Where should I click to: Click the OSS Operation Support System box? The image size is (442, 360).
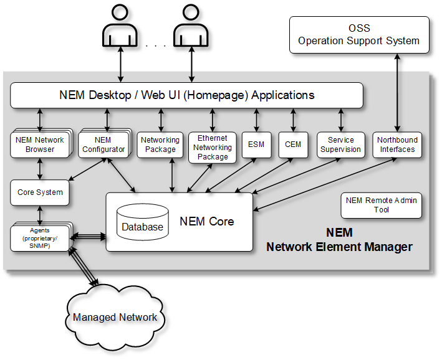pos(359,35)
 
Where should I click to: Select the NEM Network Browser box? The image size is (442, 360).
pos(40,144)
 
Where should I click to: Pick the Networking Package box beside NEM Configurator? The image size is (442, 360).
pos(160,144)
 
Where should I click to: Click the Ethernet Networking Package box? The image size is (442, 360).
pos(213,148)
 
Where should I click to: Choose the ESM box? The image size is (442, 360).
pos(256,144)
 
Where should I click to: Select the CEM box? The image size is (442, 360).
pos(293,144)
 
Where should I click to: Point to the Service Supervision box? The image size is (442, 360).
pos(340,144)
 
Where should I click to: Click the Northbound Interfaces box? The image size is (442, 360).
pos(397,144)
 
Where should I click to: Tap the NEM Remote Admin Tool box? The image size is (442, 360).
pos(382,205)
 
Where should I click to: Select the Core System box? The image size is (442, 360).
pos(40,192)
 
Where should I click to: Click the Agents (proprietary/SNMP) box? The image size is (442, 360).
pos(40,238)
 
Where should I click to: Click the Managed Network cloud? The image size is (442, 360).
pos(115,317)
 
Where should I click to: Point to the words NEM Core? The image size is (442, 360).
pos(207,222)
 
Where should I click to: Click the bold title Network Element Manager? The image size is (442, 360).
pos(339,247)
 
